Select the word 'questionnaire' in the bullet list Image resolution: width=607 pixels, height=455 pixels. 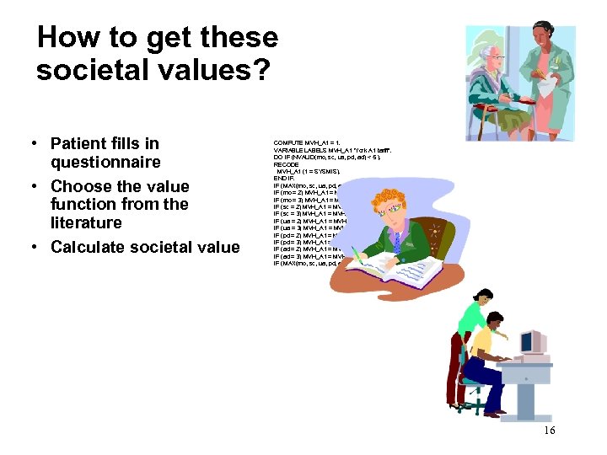(105, 162)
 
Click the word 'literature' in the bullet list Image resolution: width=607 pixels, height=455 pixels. (86, 222)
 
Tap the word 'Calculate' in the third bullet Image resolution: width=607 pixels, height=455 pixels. (91, 247)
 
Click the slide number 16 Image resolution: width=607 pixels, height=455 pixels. (549, 431)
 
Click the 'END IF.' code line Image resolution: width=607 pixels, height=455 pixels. (285, 179)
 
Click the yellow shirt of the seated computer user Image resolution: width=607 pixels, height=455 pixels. (483, 345)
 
